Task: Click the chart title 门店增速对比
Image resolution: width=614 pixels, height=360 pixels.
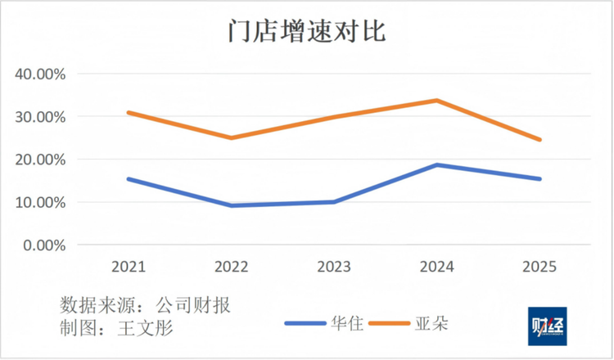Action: [307, 30]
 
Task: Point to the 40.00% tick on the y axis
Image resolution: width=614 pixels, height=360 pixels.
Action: [40, 74]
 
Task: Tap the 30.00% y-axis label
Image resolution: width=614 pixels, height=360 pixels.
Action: [40, 117]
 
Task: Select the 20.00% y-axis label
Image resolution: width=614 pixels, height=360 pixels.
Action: [40, 160]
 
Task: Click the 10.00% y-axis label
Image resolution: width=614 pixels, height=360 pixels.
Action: [40, 203]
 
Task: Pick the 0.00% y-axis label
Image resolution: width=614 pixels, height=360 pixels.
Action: [44, 245]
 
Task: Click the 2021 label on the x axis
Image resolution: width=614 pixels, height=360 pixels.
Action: [129, 267]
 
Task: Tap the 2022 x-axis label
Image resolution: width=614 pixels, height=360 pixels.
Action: [232, 267]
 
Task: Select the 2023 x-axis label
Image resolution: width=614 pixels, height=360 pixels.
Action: [334, 267]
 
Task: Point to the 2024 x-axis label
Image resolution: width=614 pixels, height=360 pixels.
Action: [437, 267]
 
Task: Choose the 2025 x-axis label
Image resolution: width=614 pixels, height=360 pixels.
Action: [540, 267]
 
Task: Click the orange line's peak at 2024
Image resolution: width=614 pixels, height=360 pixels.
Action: [436, 101]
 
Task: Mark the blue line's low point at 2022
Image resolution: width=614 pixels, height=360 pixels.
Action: [232, 205]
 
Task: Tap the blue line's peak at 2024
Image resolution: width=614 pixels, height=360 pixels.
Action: [436, 164]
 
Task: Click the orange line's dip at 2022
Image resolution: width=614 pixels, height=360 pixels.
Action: [232, 137]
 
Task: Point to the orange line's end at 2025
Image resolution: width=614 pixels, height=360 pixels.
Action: [540, 140]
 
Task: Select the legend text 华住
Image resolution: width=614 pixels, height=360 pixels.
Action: [347, 324]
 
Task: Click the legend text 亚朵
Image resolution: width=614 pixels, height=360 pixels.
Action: [431, 324]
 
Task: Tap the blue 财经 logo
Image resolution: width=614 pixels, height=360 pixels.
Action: [547, 326]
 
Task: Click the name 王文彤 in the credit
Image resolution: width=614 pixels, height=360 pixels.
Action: [146, 328]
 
